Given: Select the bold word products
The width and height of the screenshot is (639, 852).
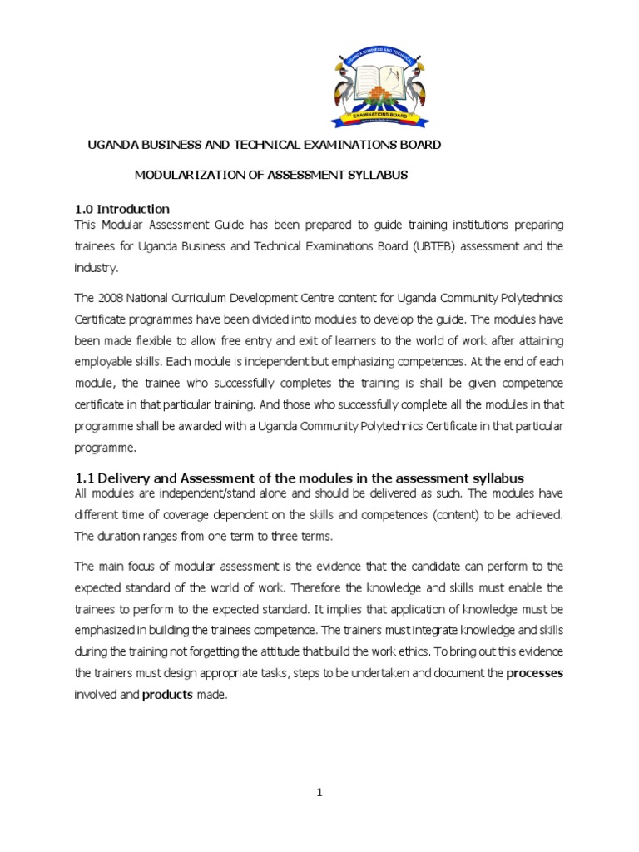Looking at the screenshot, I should (x=168, y=695).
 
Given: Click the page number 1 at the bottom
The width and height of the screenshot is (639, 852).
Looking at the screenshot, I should (x=319, y=793).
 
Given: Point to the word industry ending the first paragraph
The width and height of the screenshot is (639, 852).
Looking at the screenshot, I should (x=95, y=268).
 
